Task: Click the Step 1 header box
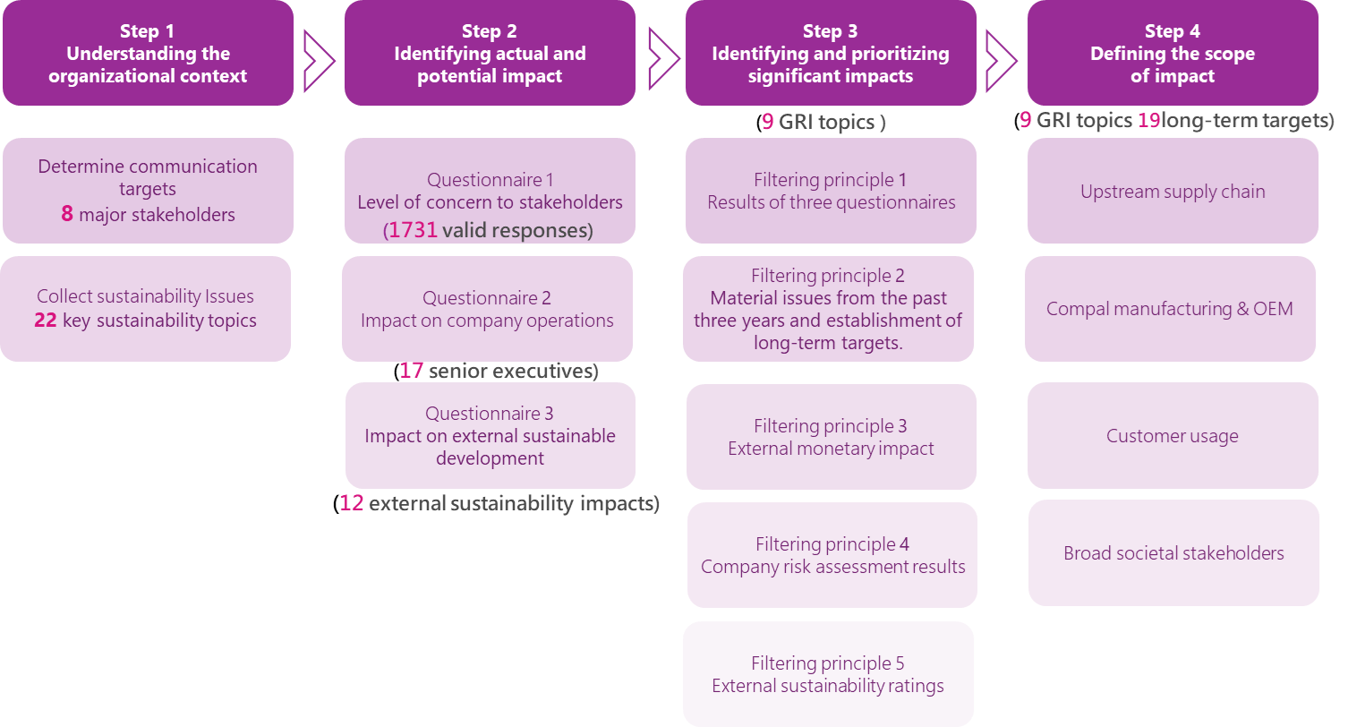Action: [148, 53]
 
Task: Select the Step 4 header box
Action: [1173, 53]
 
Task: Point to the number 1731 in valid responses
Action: [413, 230]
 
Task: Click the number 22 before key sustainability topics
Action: [45, 321]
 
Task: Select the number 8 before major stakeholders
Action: [67, 214]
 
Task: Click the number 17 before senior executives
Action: [411, 371]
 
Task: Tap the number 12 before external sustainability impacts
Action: [352, 503]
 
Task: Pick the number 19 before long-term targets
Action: [1148, 120]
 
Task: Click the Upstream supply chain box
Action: [1173, 191]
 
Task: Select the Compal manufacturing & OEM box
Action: [1171, 309]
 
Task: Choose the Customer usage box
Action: [1173, 436]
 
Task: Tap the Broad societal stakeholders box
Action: [1174, 553]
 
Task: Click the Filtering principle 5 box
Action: [828, 674]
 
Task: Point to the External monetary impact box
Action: [831, 437]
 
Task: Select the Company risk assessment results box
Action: [832, 555]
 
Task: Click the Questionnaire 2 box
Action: [488, 309]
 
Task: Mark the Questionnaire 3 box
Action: [491, 436]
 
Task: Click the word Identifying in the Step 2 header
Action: [438, 54]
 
